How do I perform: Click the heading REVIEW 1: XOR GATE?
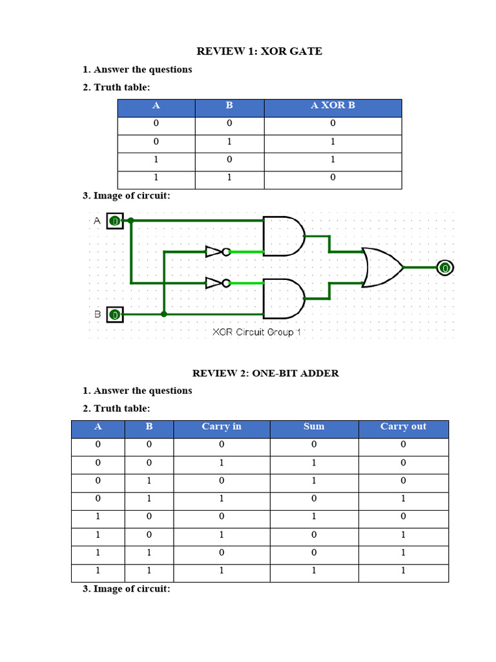[x=259, y=51]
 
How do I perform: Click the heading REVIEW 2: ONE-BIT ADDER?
[x=265, y=373]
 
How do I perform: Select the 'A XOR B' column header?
[x=333, y=105]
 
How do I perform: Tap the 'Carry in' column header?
[x=222, y=427]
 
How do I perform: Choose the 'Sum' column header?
[x=314, y=427]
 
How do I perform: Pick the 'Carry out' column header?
[x=403, y=427]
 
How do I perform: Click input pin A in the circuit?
[x=114, y=221]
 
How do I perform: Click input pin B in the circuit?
[x=114, y=315]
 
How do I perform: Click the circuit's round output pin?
[x=444, y=268]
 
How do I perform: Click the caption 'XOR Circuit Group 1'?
[x=257, y=332]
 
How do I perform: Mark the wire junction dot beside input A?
[x=131, y=220]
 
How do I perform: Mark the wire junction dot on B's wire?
[x=164, y=314]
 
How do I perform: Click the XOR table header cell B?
[x=229, y=105]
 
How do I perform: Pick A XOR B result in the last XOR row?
[x=333, y=178]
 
